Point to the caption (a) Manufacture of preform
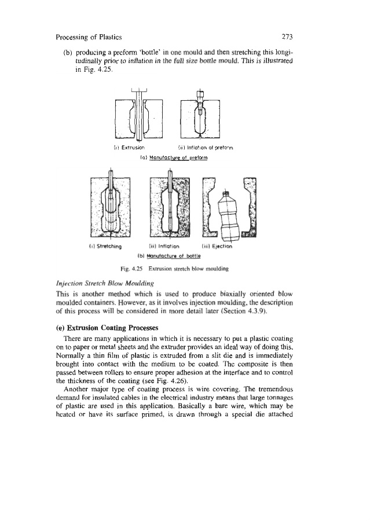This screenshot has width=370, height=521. pos(170,156)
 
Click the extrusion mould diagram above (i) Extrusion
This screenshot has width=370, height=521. pos(139,116)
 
